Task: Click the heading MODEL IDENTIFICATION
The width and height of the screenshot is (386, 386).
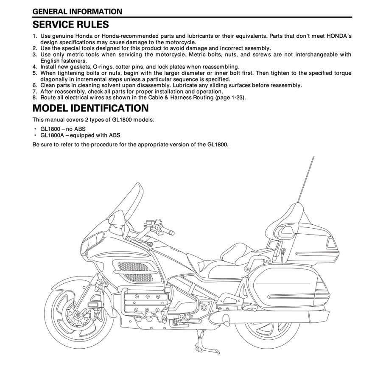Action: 90,108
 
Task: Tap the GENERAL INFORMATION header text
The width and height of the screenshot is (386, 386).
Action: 77,11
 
